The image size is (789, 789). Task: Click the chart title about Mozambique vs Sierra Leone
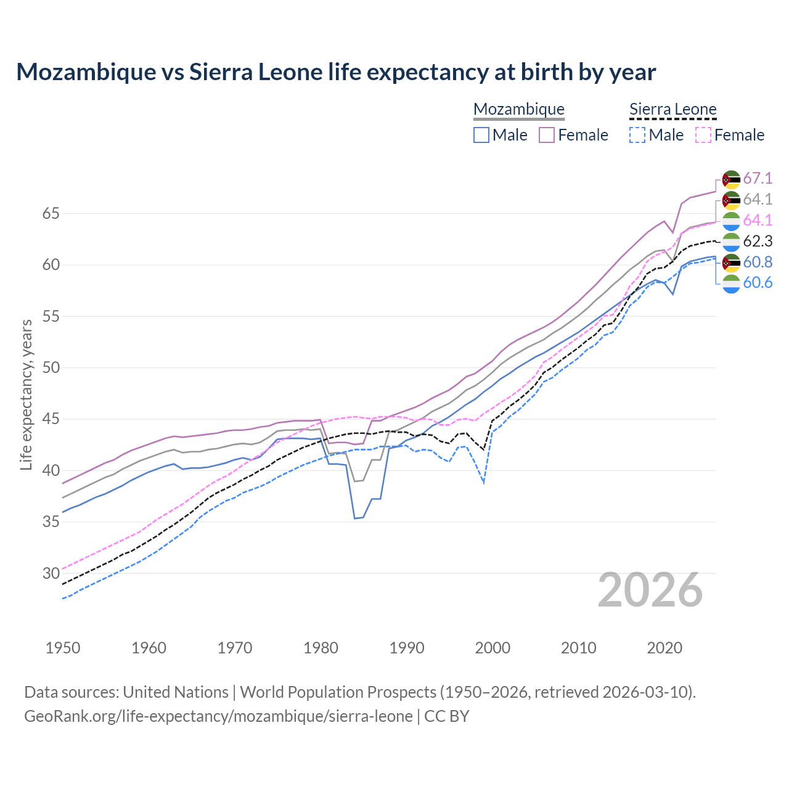336,72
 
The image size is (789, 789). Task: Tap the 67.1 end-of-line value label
758,179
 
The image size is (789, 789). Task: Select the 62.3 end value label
758,241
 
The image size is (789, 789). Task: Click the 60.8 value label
758,262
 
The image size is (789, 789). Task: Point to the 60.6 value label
758,283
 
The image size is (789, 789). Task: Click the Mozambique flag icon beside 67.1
731,179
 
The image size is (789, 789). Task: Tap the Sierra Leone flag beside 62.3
731,242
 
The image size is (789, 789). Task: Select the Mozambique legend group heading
518,110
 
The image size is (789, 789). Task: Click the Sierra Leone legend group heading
672,110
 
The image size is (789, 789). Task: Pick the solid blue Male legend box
481,135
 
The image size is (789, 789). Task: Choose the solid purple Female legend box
547,135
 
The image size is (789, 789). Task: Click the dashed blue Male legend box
637,135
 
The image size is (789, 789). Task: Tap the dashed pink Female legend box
703,135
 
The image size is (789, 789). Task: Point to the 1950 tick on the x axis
63,648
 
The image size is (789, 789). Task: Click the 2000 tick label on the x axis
493,648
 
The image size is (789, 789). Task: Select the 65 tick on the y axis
51,214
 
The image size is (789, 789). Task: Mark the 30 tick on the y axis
51,573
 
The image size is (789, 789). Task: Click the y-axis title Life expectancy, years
27,394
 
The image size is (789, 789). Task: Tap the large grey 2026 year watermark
650,591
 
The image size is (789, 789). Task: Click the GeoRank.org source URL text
218,716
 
